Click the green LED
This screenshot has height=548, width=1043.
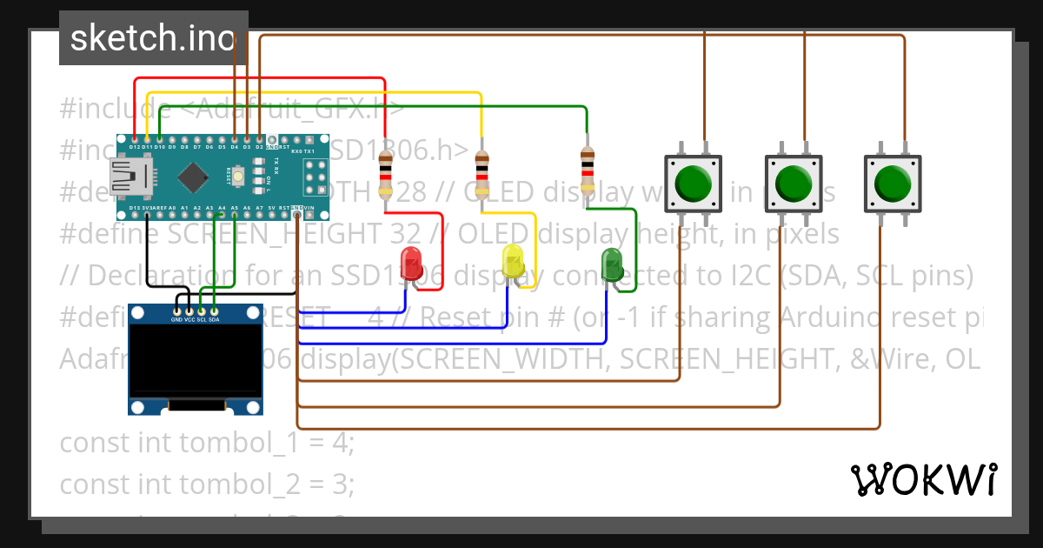pos(612,261)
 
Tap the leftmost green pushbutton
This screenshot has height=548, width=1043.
pos(693,184)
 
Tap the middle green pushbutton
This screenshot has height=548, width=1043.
pos(793,184)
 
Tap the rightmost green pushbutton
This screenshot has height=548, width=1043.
pos(892,184)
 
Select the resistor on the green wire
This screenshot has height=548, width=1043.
pos(588,170)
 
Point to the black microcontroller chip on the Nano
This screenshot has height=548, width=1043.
pos(191,178)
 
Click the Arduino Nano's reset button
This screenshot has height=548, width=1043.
pos(237,177)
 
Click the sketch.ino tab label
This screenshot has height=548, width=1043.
pos(153,38)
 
